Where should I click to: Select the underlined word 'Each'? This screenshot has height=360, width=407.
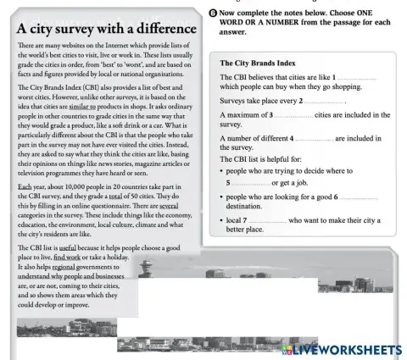25,186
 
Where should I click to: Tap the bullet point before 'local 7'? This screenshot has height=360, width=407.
221,220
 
